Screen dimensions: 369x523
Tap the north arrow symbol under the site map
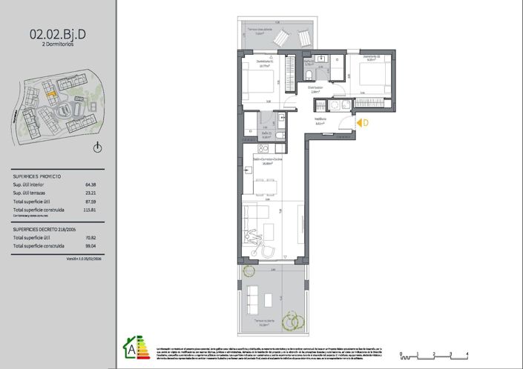(97, 147)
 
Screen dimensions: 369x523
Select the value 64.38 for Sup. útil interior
(91, 184)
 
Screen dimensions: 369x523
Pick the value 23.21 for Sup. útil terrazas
(91, 193)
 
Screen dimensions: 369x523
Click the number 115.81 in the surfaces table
(91, 210)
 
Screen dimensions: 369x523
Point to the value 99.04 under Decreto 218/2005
(91, 245)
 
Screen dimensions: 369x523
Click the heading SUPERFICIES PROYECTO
(37, 176)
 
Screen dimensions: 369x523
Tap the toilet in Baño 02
(308, 75)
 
